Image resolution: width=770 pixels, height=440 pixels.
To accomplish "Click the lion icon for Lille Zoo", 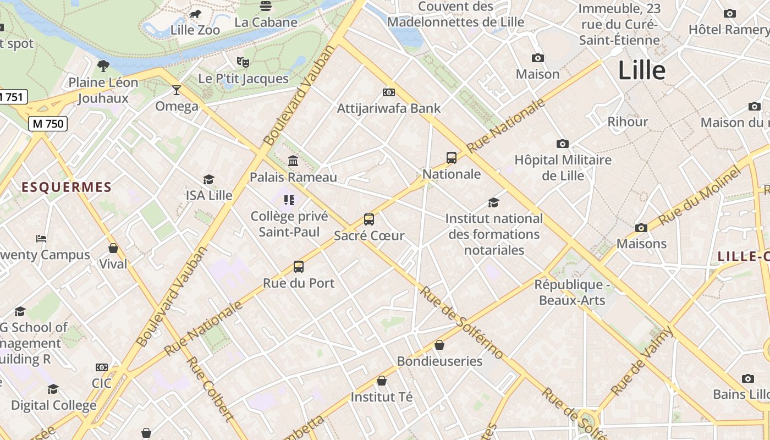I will pyautogui.click(x=195, y=14).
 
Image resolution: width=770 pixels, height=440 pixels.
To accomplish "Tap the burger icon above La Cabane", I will pyautogui.click(x=266, y=7).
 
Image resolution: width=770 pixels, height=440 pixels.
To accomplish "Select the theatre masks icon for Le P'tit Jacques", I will pyautogui.click(x=243, y=62).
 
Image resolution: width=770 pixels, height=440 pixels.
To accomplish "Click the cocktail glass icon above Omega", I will pyautogui.click(x=177, y=90).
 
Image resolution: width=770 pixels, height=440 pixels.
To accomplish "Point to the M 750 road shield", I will pyautogui.click(x=48, y=124).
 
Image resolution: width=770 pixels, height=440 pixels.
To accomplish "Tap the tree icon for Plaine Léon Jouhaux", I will pyautogui.click(x=103, y=66).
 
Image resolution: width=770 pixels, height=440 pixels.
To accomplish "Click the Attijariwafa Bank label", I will pyautogui.click(x=389, y=108).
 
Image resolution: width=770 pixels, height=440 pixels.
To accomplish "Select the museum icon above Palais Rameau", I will pyautogui.click(x=293, y=161).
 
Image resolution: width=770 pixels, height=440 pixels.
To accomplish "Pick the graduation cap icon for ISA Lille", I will pyautogui.click(x=208, y=179).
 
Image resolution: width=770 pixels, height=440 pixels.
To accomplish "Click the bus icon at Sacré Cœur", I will pyautogui.click(x=369, y=219).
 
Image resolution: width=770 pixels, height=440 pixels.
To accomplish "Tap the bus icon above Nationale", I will pyautogui.click(x=452, y=158).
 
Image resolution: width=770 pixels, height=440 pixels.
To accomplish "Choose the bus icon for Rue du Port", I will pyautogui.click(x=299, y=267).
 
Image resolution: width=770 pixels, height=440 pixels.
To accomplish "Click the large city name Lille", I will pyautogui.click(x=642, y=70).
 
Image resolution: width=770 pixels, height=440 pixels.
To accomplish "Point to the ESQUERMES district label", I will pyautogui.click(x=67, y=188).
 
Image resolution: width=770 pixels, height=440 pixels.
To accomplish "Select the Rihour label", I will pyautogui.click(x=628, y=122).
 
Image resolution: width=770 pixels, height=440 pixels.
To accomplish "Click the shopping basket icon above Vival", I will pyautogui.click(x=113, y=248).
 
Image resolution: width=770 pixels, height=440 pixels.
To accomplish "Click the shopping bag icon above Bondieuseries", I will pyautogui.click(x=439, y=345).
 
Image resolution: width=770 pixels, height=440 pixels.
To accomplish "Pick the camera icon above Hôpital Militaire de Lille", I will pyautogui.click(x=562, y=144).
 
